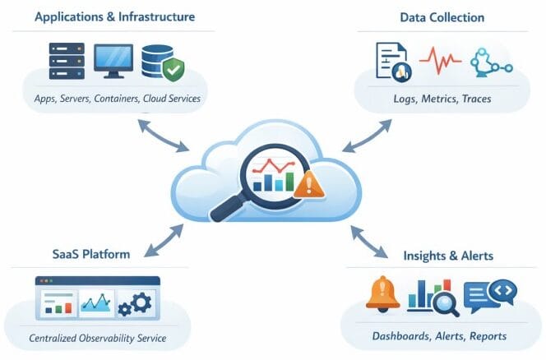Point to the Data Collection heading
coord(442,16)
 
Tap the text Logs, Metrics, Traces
coord(442,99)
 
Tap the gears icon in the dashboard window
coord(136,305)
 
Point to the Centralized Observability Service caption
coord(98,338)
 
